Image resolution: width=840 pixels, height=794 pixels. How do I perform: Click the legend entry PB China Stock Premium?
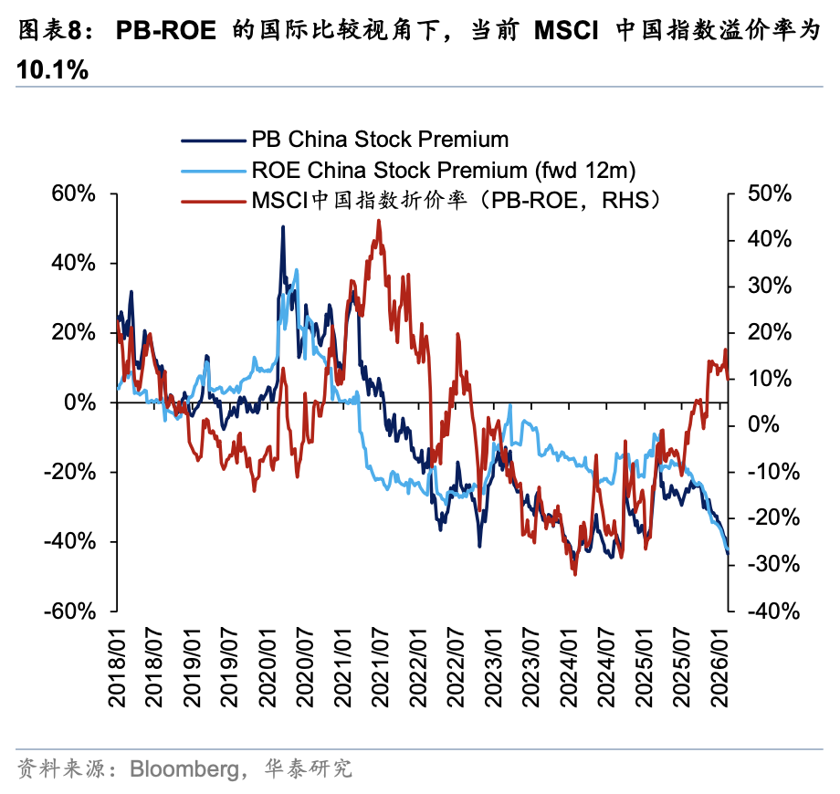[x=380, y=140]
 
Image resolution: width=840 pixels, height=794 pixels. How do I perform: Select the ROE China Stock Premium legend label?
[x=443, y=170]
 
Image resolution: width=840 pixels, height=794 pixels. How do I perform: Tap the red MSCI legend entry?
[x=456, y=200]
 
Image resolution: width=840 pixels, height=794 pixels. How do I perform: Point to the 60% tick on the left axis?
[x=76, y=193]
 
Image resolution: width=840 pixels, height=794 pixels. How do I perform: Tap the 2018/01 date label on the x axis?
[x=118, y=671]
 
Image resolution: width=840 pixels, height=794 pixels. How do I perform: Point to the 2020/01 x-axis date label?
[x=268, y=671]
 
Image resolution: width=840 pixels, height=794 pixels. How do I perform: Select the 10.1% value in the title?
[x=52, y=70]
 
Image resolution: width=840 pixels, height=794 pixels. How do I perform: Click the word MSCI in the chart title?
[x=566, y=33]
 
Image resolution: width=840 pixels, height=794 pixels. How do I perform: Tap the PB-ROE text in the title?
[x=169, y=33]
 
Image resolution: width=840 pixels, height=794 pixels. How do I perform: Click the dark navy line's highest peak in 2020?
[x=282, y=227]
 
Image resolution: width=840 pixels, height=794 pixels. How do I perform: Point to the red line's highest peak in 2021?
[x=378, y=220]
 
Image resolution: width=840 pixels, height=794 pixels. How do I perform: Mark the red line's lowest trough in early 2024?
[x=574, y=574]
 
